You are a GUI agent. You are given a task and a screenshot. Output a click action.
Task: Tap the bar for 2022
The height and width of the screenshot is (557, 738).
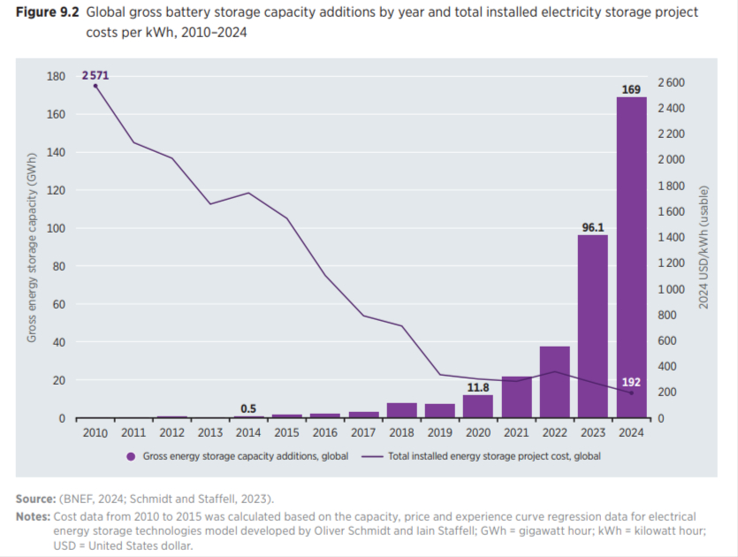tap(554, 381)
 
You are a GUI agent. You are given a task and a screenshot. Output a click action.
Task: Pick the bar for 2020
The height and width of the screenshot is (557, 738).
tap(477, 406)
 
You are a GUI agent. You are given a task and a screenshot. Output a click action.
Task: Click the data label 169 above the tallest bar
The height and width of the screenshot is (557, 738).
tap(631, 88)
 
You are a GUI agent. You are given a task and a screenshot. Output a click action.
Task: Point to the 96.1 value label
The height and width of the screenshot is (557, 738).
tap(593, 227)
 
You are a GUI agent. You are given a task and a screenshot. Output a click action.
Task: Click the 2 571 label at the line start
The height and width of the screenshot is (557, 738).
tap(95, 76)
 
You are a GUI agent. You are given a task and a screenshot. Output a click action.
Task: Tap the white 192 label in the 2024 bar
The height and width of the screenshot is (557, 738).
tap(631, 382)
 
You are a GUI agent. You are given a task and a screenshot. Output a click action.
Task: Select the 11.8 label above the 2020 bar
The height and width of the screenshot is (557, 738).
tap(477, 386)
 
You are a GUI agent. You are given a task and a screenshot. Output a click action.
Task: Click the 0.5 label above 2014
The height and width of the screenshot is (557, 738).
tap(248, 408)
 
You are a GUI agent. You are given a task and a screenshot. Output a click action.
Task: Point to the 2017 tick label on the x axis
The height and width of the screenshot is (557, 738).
tap(363, 433)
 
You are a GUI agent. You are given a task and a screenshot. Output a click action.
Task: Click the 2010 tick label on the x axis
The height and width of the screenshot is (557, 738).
tap(95, 433)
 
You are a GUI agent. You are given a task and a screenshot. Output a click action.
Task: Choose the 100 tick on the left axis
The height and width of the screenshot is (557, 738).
tap(56, 229)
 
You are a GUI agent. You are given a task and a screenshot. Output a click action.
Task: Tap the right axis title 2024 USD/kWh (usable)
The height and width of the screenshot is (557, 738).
tap(704, 248)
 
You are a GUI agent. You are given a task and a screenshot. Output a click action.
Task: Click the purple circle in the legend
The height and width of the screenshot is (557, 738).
tap(131, 456)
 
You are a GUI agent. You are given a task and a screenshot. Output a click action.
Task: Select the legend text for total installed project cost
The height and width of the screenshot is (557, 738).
tap(494, 456)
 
